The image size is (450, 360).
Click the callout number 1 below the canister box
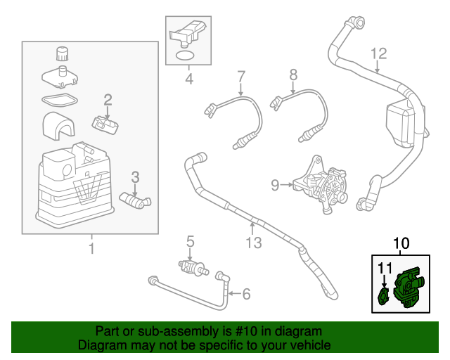pyautogui.click(x=91, y=248)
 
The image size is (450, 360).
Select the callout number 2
pyautogui.click(x=108, y=100)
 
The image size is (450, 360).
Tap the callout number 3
pyautogui.click(x=136, y=177)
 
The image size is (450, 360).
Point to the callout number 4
pyautogui.click(x=188, y=79)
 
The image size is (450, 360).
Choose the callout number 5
pyautogui.click(x=190, y=243)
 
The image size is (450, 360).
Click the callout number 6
pyautogui.click(x=245, y=293)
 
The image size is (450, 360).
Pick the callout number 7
pyautogui.click(x=240, y=76)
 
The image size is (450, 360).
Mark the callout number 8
pyautogui.click(x=293, y=74)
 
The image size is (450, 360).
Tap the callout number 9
pyautogui.click(x=276, y=186)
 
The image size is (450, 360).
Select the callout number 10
pyautogui.click(x=400, y=244)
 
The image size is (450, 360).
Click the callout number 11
pyautogui.click(x=384, y=267)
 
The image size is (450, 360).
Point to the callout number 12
pyautogui.click(x=378, y=53)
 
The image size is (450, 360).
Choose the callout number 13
pyautogui.click(x=253, y=243)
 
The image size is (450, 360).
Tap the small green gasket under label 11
pyautogui.click(x=384, y=296)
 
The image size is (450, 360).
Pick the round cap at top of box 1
pyautogui.click(x=62, y=53)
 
